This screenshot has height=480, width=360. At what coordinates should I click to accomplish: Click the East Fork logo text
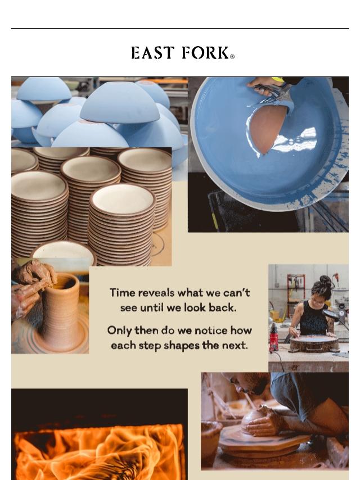(180, 53)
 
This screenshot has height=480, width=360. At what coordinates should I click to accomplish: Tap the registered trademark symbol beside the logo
(232, 57)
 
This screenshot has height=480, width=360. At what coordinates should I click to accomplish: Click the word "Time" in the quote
(122, 293)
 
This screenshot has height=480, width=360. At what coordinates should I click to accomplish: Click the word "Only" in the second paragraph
(119, 330)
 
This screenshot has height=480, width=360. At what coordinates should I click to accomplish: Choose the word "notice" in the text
(211, 330)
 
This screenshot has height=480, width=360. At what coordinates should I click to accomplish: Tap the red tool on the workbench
(273, 337)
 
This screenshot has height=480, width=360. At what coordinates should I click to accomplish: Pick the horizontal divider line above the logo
(180, 29)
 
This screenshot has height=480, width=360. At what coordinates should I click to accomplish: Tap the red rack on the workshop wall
(296, 294)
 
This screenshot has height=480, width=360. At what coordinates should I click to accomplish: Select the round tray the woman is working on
(314, 344)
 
